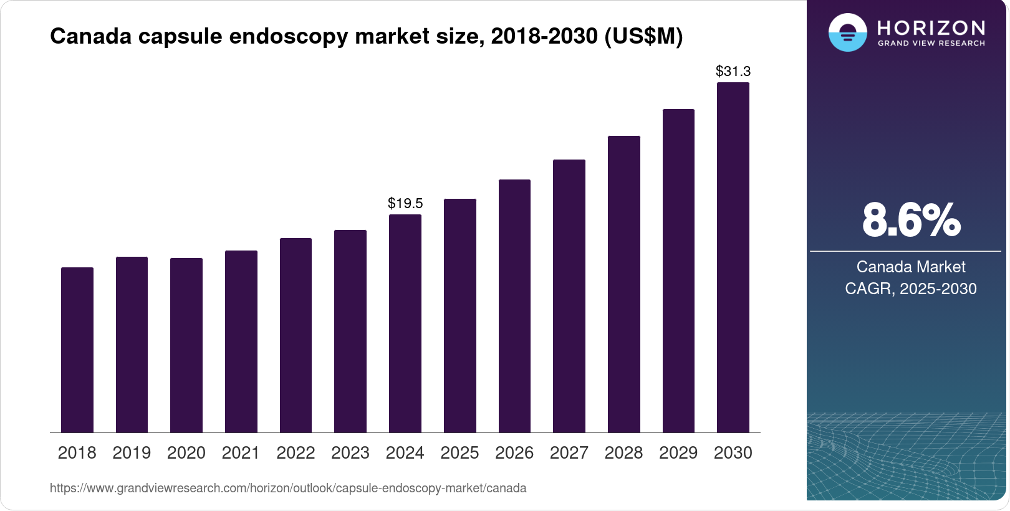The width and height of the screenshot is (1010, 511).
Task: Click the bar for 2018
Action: pos(77,350)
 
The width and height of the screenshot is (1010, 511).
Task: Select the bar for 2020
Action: pos(186,345)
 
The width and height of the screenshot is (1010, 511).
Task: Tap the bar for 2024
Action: pos(405,323)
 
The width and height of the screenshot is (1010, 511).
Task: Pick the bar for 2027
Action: pos(569,296)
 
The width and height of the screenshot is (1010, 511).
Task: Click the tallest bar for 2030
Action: pos(733,257)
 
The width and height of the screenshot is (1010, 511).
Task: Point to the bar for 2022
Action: pos(296,335)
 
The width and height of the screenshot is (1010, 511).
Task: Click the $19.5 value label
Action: pos(405,203)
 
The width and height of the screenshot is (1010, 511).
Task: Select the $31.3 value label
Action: pos(733,71)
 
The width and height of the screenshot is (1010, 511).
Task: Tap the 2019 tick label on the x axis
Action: pos(132,452)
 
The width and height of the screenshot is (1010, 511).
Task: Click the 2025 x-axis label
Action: pos(459,452)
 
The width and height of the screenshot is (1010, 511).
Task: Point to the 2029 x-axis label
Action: pos(678,452)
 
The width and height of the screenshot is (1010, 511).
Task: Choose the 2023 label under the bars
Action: pos(350,452)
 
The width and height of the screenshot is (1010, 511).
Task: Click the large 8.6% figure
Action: pos(911,220)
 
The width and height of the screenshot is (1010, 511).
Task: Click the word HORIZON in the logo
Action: pos(931,28)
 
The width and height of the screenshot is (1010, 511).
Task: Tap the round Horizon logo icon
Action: pos(847,32)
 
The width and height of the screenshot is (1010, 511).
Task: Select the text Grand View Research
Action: pos(931,44)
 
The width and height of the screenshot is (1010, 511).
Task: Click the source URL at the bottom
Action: pos(288,488)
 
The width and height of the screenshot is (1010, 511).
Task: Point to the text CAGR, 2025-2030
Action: pos(911,289)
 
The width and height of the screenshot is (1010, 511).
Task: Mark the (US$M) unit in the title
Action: pos(643,36)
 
